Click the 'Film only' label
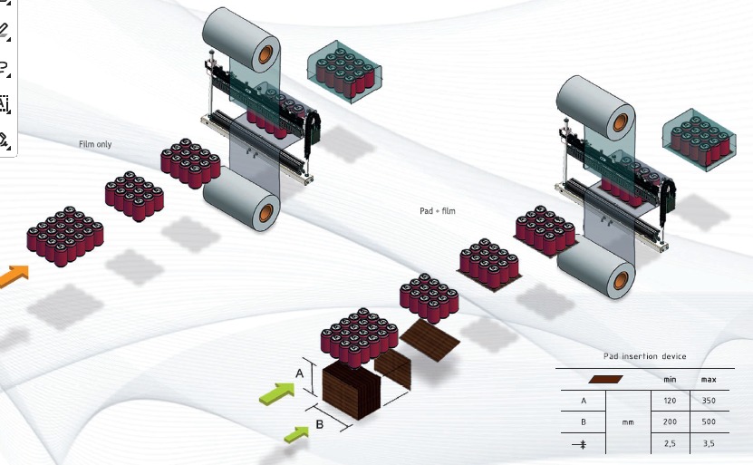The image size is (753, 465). tap(95, 144)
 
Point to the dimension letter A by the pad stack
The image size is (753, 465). tap(300, 373)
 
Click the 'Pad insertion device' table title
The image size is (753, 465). tap(644, 356)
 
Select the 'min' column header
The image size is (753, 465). tap(671, 379)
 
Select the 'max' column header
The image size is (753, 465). tap(709, 379)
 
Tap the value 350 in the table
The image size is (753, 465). tap(709, 400)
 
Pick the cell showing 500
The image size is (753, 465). tap(709, 421)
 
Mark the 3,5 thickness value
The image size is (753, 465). tap(709, 444)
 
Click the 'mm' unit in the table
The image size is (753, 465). tap(626, 421)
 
